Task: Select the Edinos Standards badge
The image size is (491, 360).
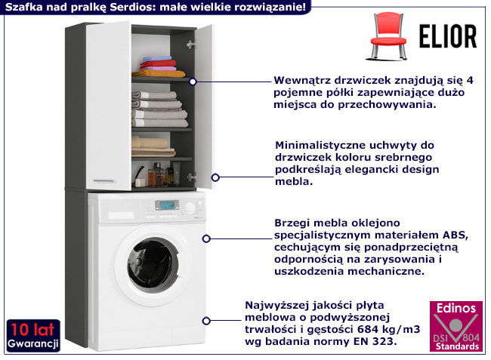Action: click(454, 326)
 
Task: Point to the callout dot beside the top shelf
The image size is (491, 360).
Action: click(193, 81)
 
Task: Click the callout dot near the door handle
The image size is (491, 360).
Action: click(215, 177)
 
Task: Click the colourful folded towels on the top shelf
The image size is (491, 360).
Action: click(159, 65)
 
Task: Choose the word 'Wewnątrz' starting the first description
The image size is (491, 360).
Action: click(301, 79)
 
